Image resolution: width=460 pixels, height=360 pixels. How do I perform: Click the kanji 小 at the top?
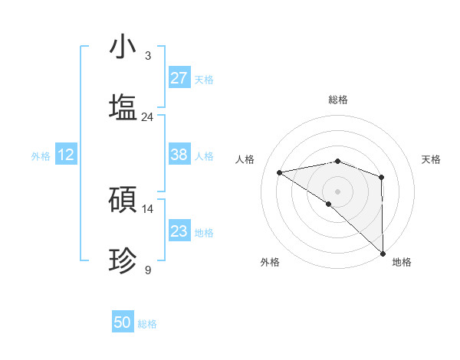123,47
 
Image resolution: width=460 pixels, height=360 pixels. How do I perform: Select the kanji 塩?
123,107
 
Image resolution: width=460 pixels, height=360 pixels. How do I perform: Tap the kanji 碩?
123,200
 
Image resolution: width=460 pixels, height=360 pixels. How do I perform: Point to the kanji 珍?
123,261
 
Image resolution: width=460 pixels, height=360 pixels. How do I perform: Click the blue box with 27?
179,78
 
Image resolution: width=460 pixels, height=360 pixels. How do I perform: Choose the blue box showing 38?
179,155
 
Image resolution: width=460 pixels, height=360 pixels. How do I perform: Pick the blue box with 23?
179,231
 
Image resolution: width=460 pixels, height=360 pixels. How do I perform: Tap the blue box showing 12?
66,155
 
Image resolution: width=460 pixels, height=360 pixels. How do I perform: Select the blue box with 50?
123,322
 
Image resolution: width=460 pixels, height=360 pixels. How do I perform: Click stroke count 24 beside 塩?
147,117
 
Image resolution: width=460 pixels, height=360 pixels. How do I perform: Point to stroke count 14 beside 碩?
147,209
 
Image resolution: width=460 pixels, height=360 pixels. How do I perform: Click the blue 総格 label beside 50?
147,324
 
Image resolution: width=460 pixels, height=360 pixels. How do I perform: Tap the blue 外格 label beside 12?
41,156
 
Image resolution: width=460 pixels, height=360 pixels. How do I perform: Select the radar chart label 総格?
338,100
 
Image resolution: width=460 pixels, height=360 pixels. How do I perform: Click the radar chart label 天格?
432,159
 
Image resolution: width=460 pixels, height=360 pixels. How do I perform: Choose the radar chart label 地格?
402,262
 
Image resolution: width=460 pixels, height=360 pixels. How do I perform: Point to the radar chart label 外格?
270,262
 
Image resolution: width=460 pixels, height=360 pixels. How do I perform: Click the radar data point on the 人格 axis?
280,172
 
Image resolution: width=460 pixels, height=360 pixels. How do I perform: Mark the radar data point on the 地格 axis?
382,252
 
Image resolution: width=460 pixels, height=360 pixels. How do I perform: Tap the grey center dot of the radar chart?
337,191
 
